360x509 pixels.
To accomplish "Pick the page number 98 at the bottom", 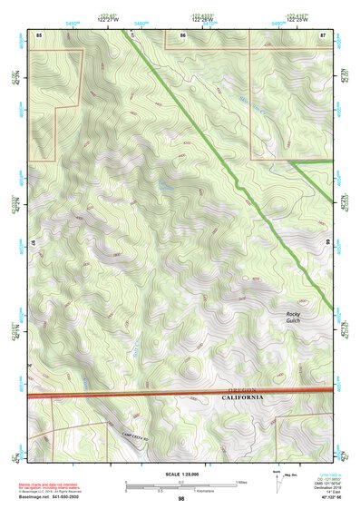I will (x=180, y=499).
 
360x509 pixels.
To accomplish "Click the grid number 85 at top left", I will (x=39, y=34).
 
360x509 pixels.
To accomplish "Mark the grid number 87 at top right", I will (x=323, y=34).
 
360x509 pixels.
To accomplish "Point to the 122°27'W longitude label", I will (x=109, y=19).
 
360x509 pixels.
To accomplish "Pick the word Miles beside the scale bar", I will (x=239, y=482).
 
